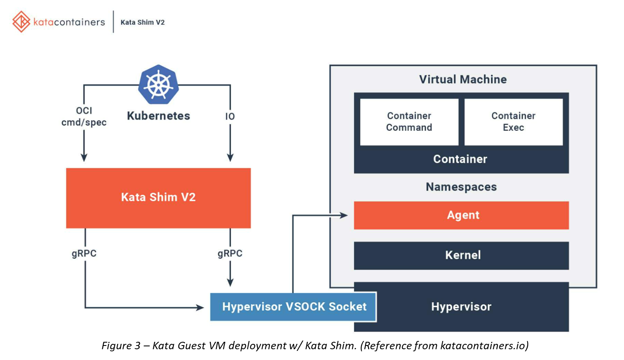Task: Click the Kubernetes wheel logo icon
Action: pos(158,84)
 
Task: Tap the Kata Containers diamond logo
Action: pos(21,22)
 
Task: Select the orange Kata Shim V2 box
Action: pos(158,197)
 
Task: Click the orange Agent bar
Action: pos(461,215)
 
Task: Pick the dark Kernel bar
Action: pos(461,255)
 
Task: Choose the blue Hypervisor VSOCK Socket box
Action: pos(293,307)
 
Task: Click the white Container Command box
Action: pos(409,122)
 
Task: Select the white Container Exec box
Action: pos(513,122)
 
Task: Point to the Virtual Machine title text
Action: pos(463,79)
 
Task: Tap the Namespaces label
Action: pos(461,187)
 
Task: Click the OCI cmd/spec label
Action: pos(84,117)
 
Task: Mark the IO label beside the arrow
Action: pos(230,117)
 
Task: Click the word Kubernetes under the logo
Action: pos(158,116)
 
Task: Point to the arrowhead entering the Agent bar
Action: pos(343,215)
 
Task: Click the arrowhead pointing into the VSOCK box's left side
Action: pos(200,307)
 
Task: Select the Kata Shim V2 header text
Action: pos(142,22)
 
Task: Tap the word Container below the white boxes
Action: pos(460,159)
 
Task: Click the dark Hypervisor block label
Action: pos(461,307)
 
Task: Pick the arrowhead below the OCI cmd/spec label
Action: pos(84,158)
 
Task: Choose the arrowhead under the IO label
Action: pos(230,158)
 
